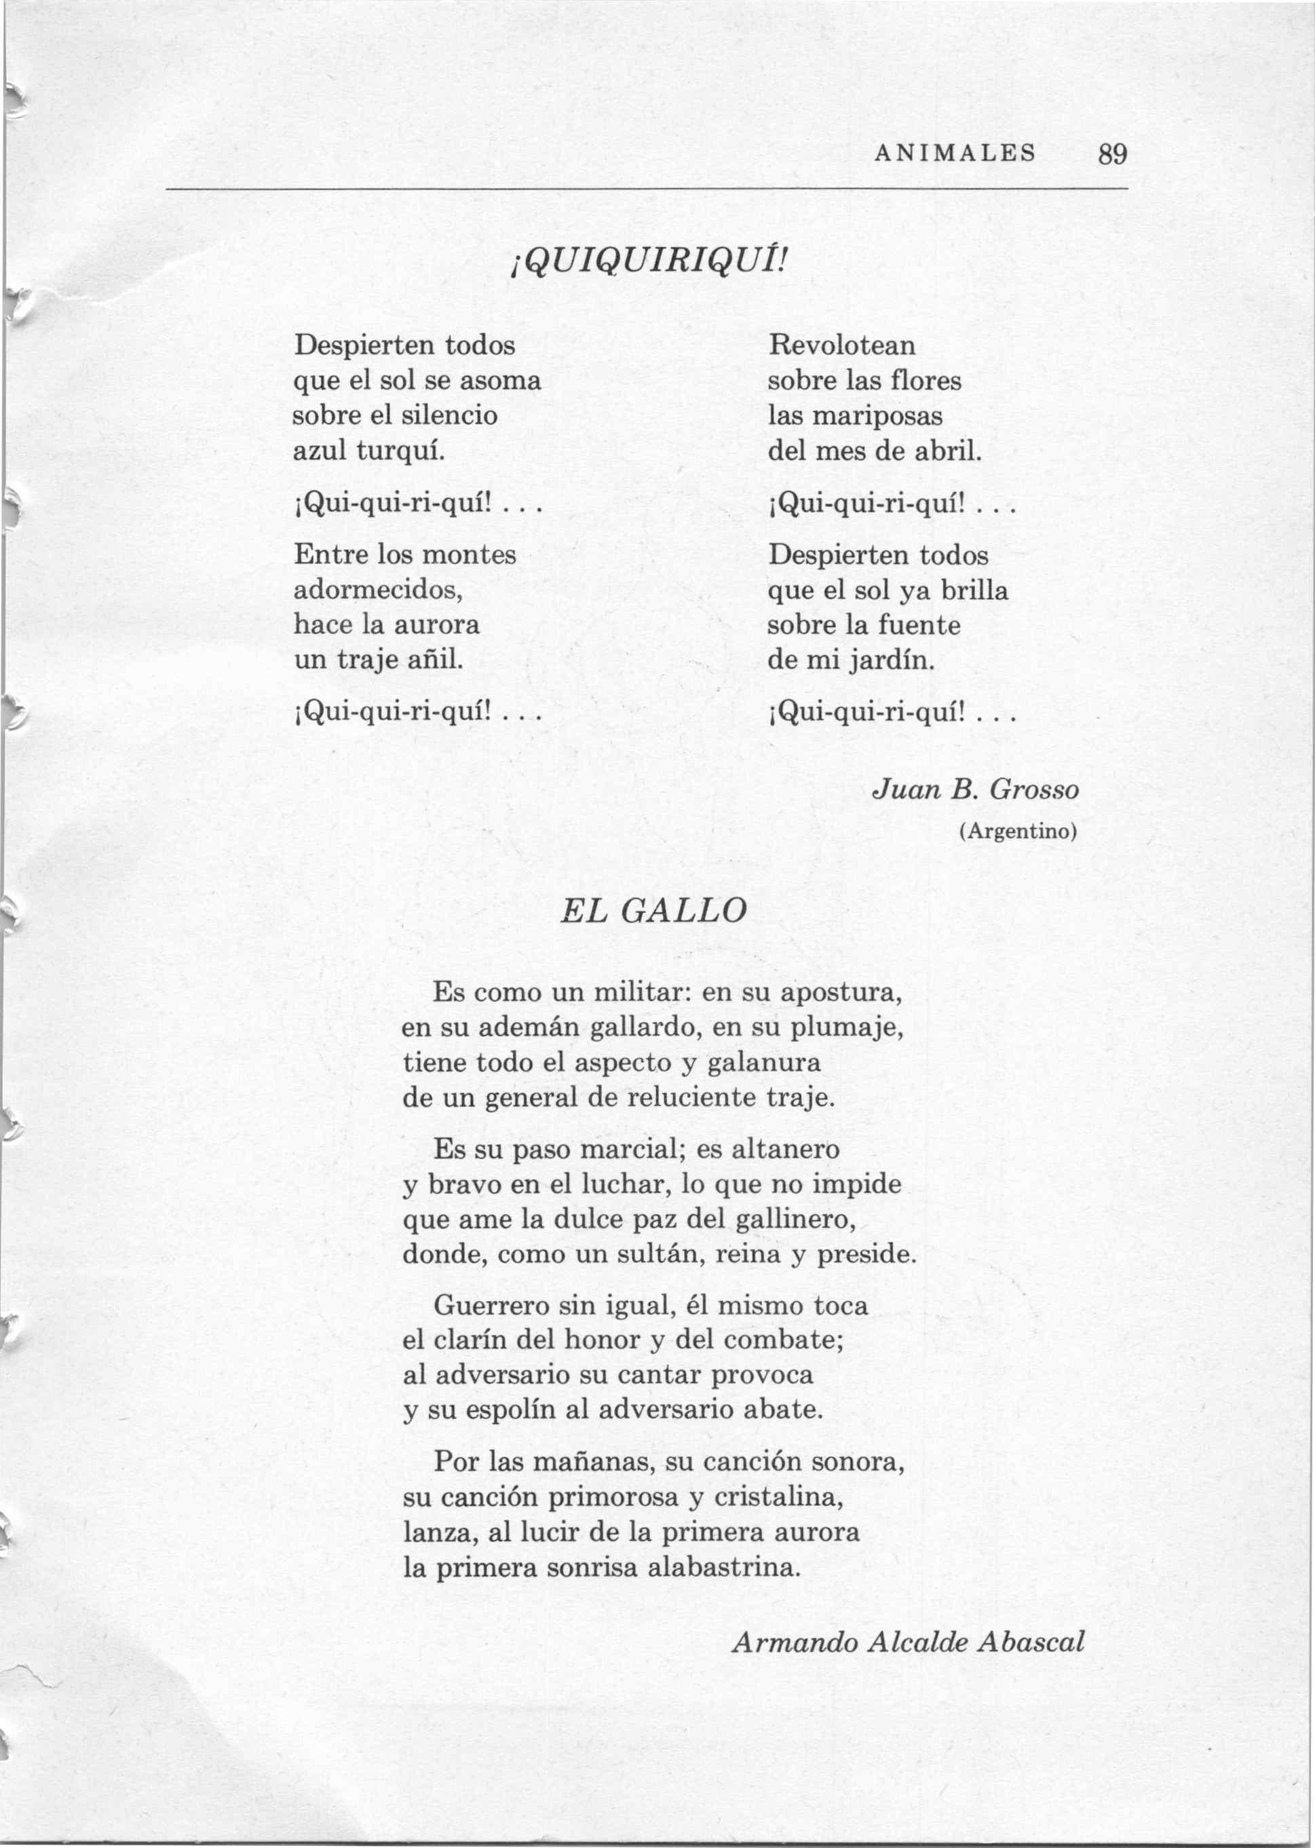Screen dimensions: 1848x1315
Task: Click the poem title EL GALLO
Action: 653,910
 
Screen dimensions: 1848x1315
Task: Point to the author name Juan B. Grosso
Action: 976,789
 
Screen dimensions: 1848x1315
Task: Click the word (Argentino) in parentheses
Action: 1018,831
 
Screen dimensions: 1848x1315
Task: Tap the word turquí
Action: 402,452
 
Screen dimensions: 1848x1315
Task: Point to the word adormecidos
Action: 377,590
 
